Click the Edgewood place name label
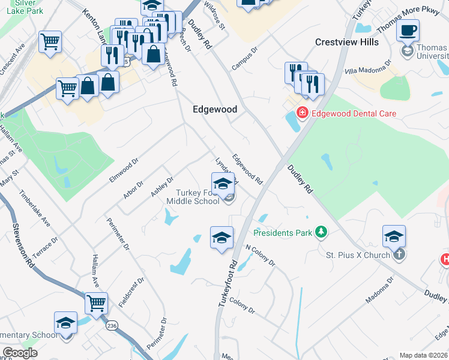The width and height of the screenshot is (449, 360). [214, 109]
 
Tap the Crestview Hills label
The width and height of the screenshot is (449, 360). [347, 42]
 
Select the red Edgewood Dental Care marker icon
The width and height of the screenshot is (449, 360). [303, 113]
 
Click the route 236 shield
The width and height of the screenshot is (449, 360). [112, 325]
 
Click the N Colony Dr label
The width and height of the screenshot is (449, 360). [260, 255]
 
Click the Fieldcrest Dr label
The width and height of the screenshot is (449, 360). [131, 292]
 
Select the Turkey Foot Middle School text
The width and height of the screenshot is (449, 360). [197, 197]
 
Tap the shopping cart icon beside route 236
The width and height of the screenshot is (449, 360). [96, 303]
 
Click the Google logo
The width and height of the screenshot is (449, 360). [19, 352]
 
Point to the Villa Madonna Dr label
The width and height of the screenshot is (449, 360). [368, 67]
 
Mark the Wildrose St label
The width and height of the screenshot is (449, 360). [214, 15]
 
